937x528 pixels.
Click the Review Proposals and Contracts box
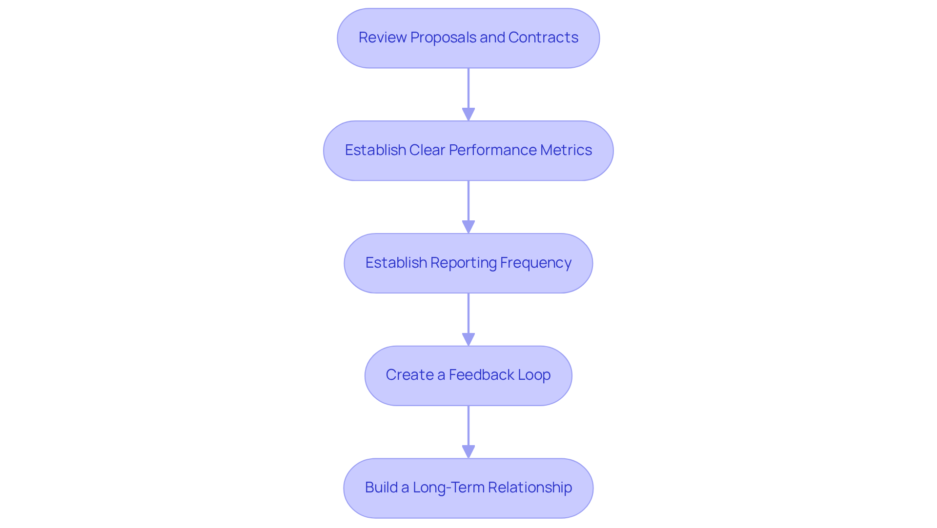click(x=468, y=38)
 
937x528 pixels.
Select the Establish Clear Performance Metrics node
click(x=468, y=151)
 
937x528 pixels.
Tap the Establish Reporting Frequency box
click(x=468, y=263)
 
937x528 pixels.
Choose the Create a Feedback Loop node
click(x=468, y=375)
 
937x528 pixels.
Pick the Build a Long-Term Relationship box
click(x=468, y=488)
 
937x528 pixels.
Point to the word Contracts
click(x=543, y=38)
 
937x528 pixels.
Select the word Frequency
click(x=535, y=263)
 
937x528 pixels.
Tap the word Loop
click(x=534, y=375)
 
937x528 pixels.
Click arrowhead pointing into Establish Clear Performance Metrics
click(x=468, y=115)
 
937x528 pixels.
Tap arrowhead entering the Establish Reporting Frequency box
click(x=468, y=227)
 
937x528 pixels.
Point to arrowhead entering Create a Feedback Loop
click(x=468, y=340)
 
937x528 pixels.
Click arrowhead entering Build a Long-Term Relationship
click(x=468, y=452)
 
